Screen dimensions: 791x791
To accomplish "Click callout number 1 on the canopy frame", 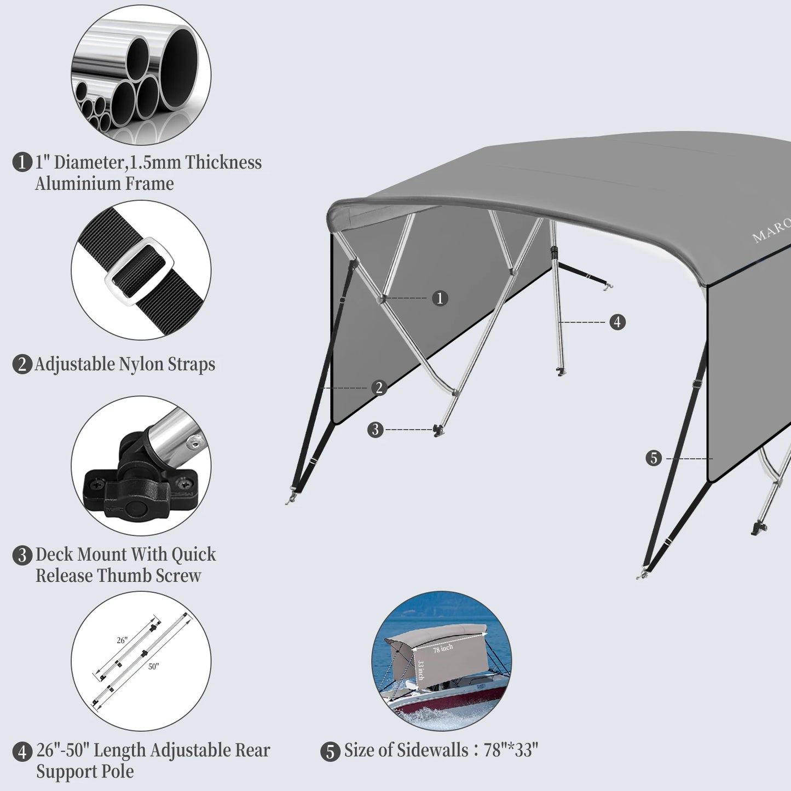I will click(x=440, y=298).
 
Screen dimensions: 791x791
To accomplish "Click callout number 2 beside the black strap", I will click(x=379, y=388).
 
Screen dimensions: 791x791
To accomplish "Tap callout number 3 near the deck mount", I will click(x=375, y=430).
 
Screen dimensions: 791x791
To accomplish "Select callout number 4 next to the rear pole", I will click(x=617, y=322).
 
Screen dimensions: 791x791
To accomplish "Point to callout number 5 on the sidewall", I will click(x=654, y=458).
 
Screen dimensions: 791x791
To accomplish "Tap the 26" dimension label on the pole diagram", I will click(x=122, y=640).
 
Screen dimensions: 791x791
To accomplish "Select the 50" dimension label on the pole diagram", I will click(x=153, y=667).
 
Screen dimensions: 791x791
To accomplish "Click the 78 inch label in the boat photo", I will click(x=443, y=649).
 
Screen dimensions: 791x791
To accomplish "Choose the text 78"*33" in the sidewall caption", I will click(x=511, y=750).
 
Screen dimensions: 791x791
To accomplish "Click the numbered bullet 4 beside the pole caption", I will click(x=22, y=752).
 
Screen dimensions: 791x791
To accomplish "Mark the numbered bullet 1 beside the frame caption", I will click(x=22, y=163).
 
